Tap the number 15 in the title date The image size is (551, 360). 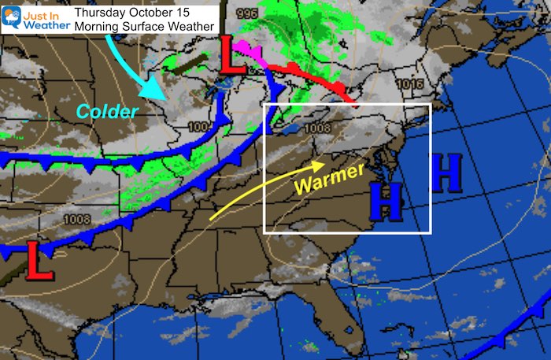coord(185,12)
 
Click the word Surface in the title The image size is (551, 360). coord(145,27)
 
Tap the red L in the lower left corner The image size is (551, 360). coord(39,262)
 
